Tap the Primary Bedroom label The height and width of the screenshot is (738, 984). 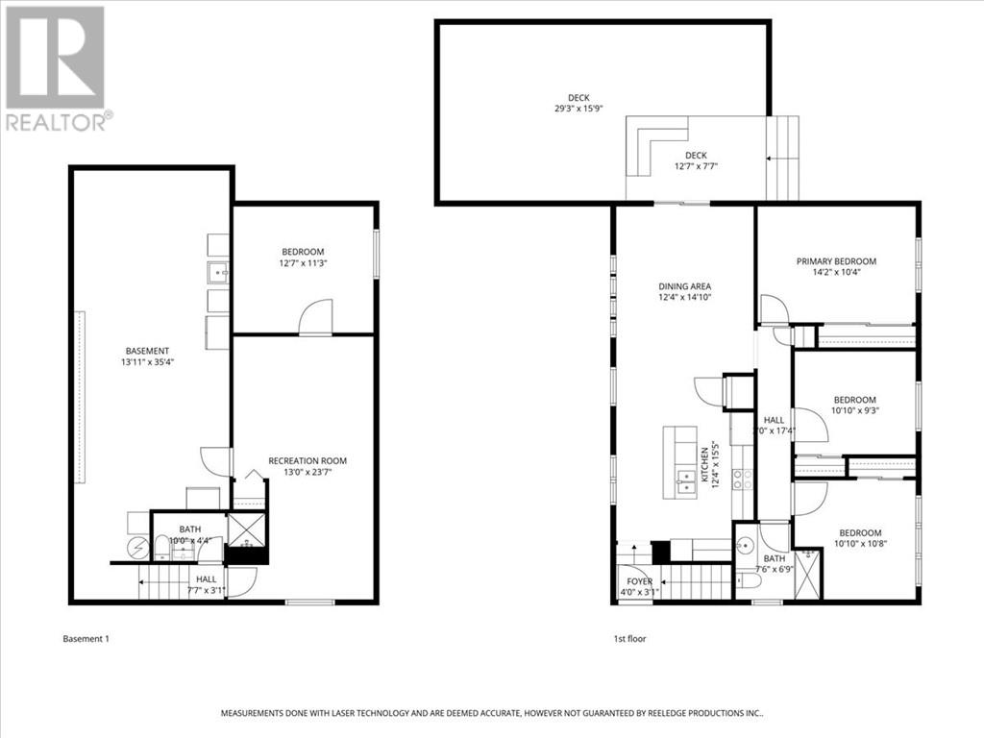836,261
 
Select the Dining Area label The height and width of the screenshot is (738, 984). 684,286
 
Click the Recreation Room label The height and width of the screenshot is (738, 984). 307,461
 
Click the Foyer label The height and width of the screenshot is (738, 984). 639,581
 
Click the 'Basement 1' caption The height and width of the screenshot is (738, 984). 86,638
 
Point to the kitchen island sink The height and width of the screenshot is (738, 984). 688,480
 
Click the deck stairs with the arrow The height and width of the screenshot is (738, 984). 783,158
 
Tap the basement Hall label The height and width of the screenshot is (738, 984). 206,579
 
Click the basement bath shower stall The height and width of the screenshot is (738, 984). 248,529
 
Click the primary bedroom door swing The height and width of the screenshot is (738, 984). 773,309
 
